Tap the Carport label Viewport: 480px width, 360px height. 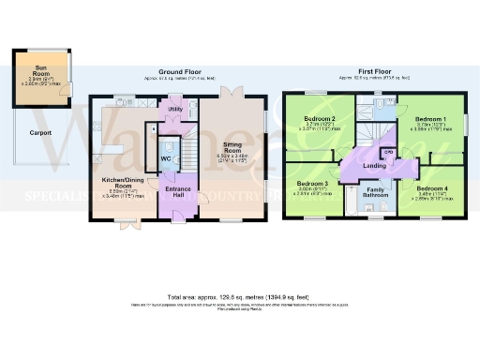pyautogui.click(x=40, y=133)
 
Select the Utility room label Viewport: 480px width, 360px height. pyautogui.click(x=174, y=111)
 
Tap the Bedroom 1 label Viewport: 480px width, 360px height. pyautogui.click(x=431, y=120)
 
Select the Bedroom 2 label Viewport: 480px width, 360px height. pyautogui.click(x=321, y=120)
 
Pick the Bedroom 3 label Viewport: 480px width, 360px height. pyautogui.click(x=312, y=184)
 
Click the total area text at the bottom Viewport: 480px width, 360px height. pyautogui.click(x=240, y=296)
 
